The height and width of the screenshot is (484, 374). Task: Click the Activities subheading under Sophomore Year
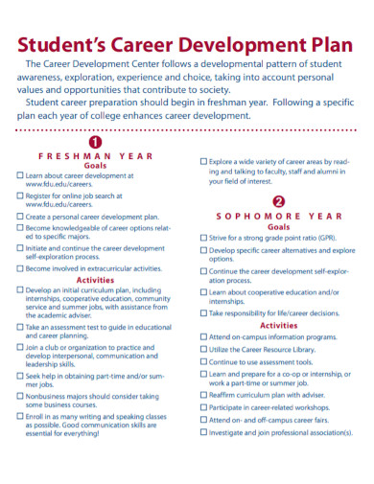(278, 325)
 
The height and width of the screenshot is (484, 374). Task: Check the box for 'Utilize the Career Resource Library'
(203, 350)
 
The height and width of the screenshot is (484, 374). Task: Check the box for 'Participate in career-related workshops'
(203, 406)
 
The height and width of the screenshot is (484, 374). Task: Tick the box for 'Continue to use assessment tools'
(203, 362)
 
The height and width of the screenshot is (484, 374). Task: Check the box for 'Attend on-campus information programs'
(203, 337)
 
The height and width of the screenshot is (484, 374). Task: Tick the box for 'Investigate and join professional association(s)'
(203, 432)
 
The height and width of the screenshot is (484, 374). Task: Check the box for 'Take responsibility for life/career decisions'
(203, 312)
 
